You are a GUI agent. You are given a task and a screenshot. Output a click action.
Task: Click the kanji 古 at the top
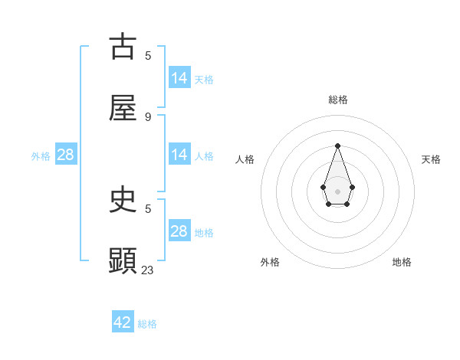[123, 47]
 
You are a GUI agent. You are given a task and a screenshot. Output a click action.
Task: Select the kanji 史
[123, 200]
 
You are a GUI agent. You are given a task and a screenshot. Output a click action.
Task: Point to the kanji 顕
[123, 260]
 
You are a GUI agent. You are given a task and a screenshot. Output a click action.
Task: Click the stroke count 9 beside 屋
[148, 116]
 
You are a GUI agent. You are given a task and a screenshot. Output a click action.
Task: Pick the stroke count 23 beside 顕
[148, 270]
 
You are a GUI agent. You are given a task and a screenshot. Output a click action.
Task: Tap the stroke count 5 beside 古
[148, 55]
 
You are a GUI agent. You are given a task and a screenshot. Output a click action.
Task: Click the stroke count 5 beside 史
[148, 208]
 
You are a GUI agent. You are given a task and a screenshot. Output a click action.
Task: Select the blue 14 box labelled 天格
[179, 78]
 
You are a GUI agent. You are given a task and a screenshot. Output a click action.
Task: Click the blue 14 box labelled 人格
[179, 155]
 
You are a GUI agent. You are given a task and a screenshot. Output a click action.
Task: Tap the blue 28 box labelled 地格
[179, 231]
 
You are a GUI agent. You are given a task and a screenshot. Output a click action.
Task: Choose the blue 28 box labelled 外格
[66, 155]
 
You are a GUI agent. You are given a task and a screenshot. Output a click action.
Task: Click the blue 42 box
[123, 322]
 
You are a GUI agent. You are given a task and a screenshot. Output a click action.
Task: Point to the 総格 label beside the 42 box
[147, 324]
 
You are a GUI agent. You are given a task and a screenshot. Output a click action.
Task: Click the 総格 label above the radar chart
[337, 100]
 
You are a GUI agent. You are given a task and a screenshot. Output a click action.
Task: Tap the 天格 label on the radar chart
[431, 159]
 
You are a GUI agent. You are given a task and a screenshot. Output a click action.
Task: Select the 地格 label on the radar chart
[402, 262]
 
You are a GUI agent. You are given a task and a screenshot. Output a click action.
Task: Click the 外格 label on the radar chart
[270, 262]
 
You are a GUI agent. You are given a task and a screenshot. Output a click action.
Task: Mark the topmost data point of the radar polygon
[337, 146]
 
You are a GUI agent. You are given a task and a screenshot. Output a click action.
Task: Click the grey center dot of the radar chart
[337, 190]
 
